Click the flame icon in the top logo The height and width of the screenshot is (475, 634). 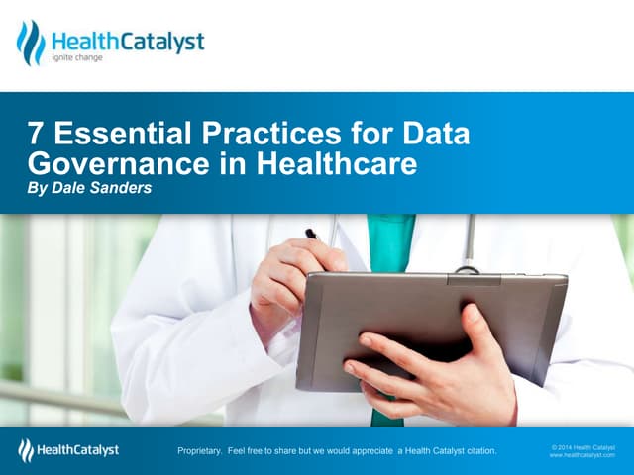pos(31,43)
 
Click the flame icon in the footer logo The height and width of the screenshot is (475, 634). pos(26,451)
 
